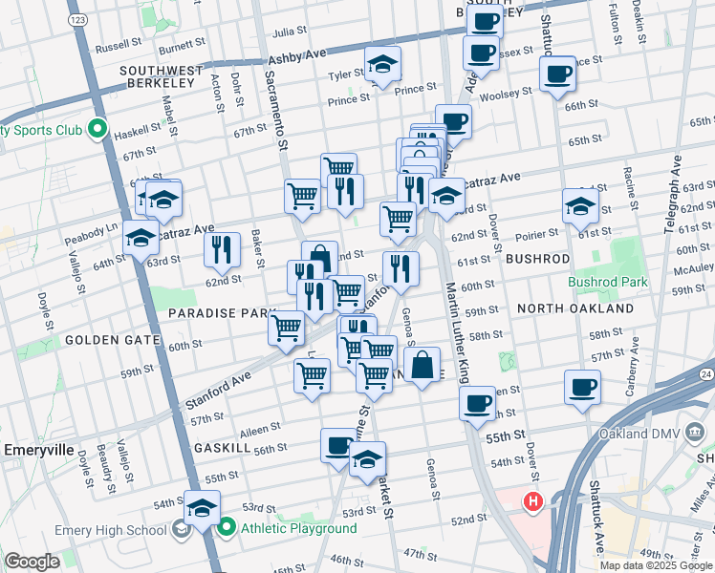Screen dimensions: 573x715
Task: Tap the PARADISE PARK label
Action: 222,313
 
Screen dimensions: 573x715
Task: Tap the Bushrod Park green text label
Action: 607,282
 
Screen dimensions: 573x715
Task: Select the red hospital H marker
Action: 532,499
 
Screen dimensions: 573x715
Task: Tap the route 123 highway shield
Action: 79,20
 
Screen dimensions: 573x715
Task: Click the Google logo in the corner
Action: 32,561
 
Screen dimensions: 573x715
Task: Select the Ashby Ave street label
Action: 297,57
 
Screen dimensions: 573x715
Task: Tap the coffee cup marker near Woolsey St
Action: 557,74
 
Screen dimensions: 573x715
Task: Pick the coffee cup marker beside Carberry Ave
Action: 582,387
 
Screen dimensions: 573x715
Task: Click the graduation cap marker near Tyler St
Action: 382,63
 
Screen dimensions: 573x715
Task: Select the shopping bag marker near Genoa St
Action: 422,364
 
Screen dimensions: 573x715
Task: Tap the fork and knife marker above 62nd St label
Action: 222,250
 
